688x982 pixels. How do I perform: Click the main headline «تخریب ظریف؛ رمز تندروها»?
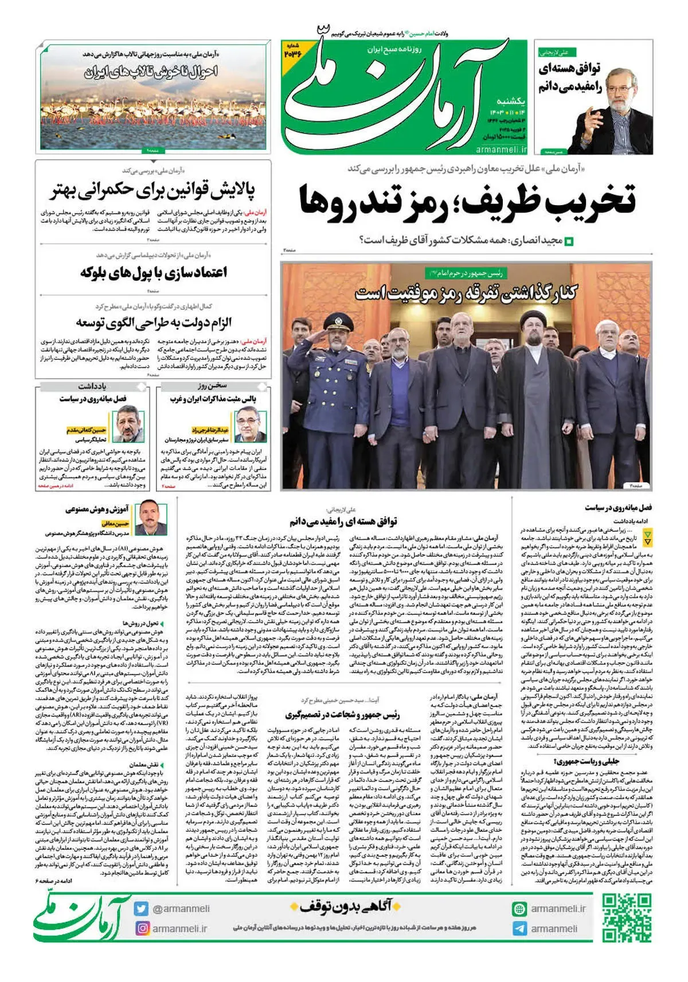point(467,199)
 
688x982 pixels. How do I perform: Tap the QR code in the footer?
point(627,918)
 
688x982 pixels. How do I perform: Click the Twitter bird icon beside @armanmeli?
point(142,908)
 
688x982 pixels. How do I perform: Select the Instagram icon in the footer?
point(142,928)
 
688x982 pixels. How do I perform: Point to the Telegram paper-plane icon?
point(519,929)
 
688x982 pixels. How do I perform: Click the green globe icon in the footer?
point(519,909)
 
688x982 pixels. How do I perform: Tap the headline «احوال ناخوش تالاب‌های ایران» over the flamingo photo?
point(151,72)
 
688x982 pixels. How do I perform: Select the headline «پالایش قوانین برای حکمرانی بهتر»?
point(152,190)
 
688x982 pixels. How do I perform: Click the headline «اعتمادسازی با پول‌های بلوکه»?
point(154,272)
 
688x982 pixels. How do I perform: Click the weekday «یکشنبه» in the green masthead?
point(510,101)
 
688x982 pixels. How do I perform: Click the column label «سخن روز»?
point(212,386)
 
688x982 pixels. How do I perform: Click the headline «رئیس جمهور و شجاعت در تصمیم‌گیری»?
point(342,715)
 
